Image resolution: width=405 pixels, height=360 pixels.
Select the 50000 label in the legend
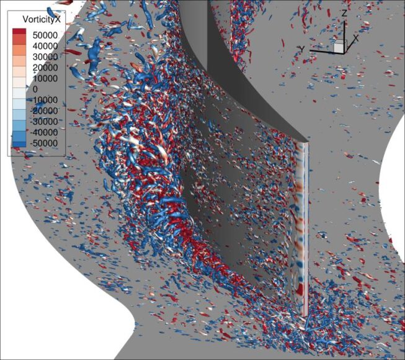45,35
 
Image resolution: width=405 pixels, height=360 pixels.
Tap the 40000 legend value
45,46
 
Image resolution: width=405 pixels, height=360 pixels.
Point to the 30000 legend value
45,56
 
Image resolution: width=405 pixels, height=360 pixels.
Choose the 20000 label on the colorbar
45,68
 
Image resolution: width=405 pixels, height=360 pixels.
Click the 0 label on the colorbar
35,89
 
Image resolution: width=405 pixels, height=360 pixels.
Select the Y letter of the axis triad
301,48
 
